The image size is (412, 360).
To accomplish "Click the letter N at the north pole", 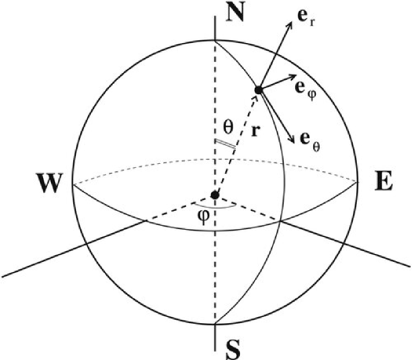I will click(x=235, y=13).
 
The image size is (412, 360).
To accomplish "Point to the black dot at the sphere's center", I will click(x=214, y=195).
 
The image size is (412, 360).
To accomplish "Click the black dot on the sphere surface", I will click(x=257, y=90).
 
